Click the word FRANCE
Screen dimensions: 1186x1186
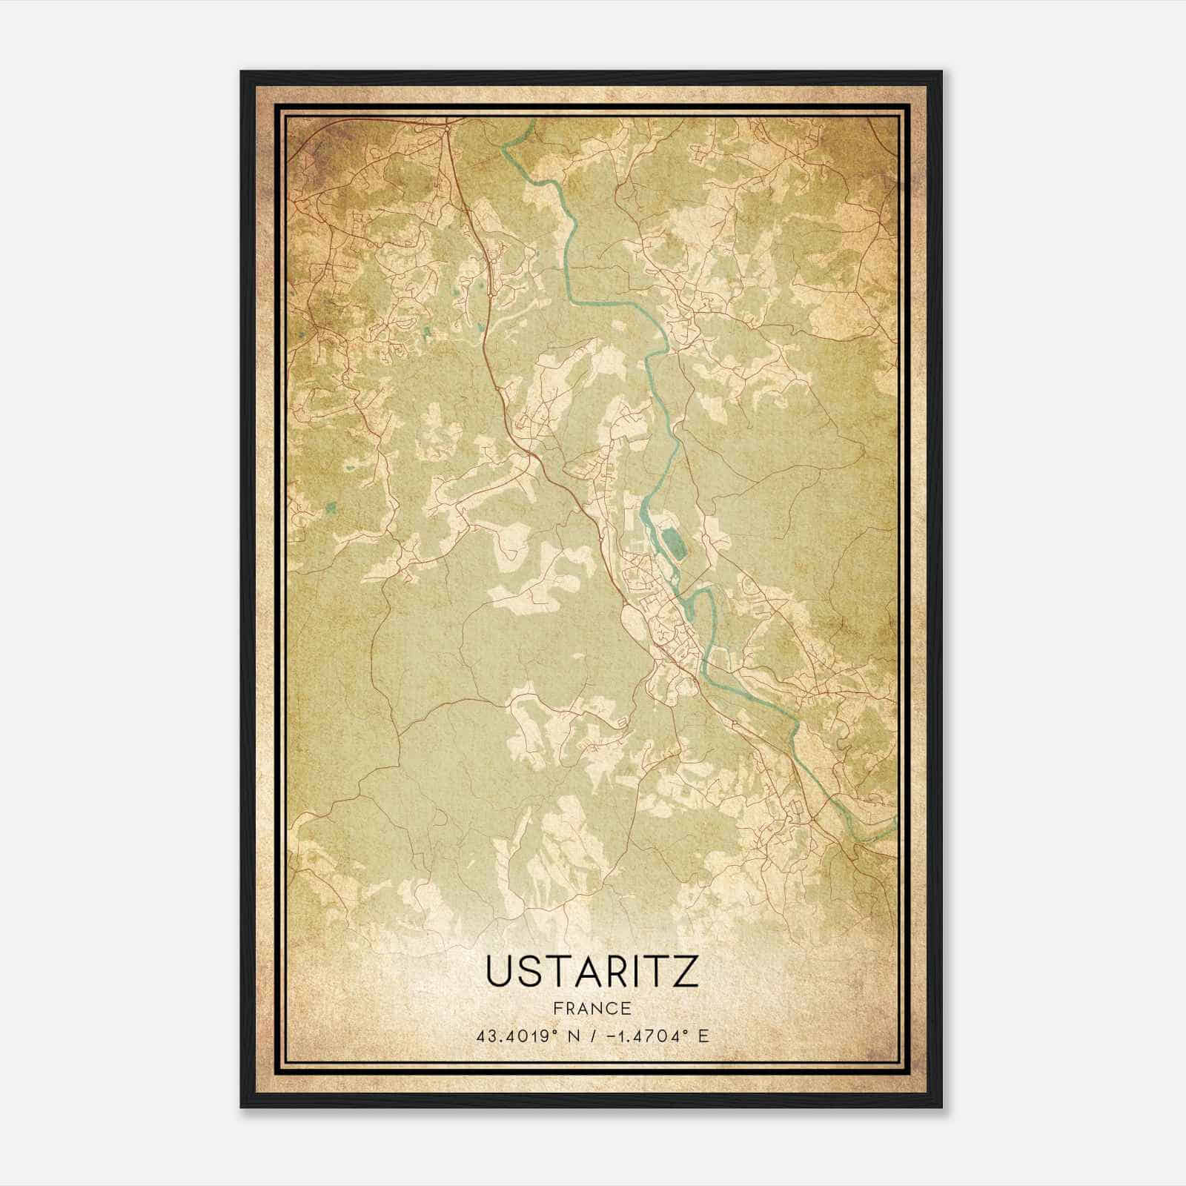[592, 1008]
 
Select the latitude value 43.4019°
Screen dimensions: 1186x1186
[517, 1036]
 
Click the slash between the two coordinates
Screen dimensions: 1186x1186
[592, 1036]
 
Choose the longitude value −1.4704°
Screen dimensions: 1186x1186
[649, 1036]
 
